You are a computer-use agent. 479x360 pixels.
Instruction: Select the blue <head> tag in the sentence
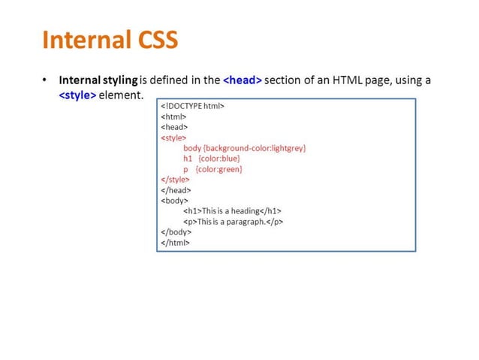(243, 80)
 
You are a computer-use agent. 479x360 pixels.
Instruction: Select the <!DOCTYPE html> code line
(193, 106)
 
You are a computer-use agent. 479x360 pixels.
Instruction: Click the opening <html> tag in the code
(173, 116)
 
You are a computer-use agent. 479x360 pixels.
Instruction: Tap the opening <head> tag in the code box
(175, 127)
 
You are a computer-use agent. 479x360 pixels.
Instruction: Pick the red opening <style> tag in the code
(174, 138)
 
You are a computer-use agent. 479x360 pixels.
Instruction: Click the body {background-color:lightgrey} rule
(245, 148)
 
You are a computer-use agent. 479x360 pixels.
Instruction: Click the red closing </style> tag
(176, 180)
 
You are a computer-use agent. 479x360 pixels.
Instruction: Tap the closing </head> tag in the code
(176, 190)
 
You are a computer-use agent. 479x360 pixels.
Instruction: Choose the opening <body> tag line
(175, 201)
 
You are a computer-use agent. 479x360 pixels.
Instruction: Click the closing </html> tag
(176, 243)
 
